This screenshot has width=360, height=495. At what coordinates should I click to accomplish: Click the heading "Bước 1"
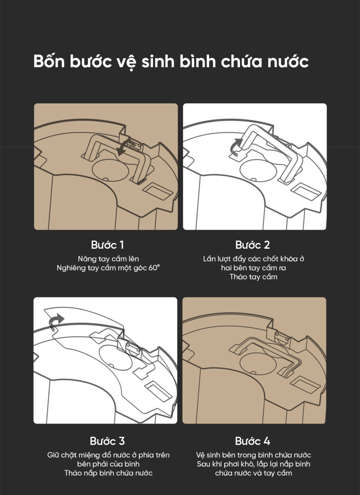click(107, 245)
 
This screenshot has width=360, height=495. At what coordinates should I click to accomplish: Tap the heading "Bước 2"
click(252, 245)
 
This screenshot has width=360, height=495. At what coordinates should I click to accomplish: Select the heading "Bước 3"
click(107, 441)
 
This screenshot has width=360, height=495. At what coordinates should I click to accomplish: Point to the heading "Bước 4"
click(252, 441)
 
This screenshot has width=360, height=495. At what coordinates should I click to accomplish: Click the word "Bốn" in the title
click(49, 61)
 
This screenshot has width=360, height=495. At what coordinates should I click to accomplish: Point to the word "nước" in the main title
click(288, 61)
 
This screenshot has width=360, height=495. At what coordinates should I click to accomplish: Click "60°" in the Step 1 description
click(154, 268)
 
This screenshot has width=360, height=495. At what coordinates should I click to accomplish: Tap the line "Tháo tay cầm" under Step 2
click(253, 277)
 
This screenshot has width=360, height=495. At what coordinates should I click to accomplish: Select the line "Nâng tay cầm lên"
click(108, 259)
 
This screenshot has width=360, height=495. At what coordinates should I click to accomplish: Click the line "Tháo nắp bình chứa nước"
click(108, 473)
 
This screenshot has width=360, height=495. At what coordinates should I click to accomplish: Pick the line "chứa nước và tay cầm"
click(253, 473)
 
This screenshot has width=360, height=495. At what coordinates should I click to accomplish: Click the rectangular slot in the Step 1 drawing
click(158, 191)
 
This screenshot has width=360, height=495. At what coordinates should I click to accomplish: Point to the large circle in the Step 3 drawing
click(115, 358)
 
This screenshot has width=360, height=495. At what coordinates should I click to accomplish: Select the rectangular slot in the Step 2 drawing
click(306, 192)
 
